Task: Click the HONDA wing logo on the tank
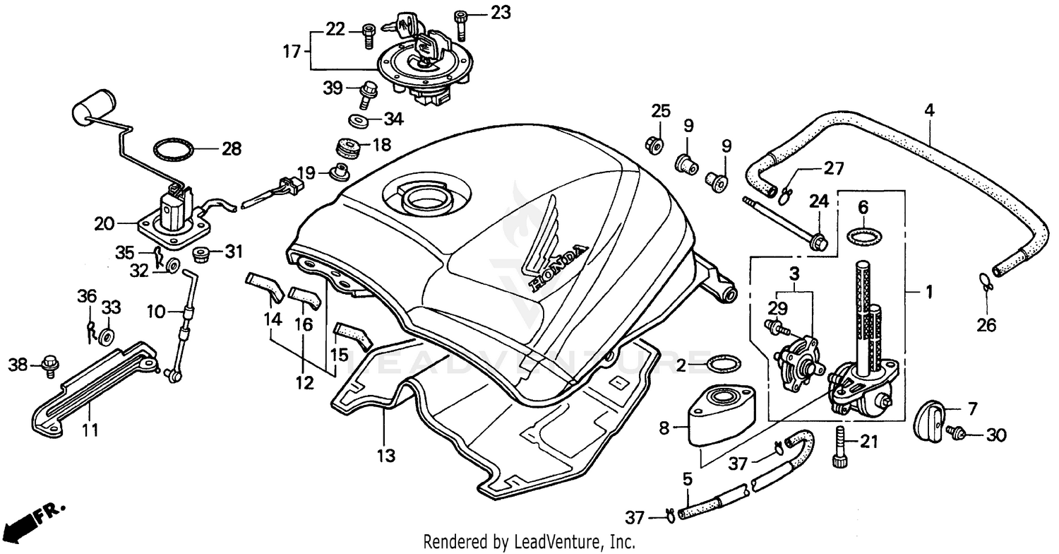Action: click(x=551, y=254)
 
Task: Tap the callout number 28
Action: click(x=231, y=149)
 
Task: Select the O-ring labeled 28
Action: click(x=174, y=150)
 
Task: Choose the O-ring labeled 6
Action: click(x=862, y=236)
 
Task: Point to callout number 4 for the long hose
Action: click(x=929, y=110)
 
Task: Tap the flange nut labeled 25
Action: click(x=654, y=145)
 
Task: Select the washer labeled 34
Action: click(x=359, y=119)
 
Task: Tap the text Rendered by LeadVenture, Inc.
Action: click(x=529, y=543)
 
